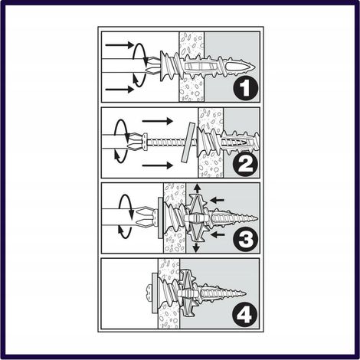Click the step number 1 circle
pyautogui.click(x=246, y=87)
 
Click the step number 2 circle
pyautogui.click(x=246, y=164)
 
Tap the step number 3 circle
pyautogui.click(x=246, y=239)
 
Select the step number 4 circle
pyautogui.click(x=244, y=315)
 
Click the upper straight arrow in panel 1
pyautogui.click(x=119, y=45)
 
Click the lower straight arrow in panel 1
pyautogui.click(x=119, y=90)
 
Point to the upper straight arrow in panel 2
pyautogui.click(x=158, y=121)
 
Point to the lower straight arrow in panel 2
pyautogui.click(x=158, y=165)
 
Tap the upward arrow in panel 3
pyautogui.click(x=197, y=188)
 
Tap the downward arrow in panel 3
pyautogui.click(x=196, y=247)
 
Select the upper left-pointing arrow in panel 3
pyautogui.click(x=217, y=200)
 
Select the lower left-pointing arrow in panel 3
pyautogui.click(x=217, y=234)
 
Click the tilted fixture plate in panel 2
pyautogui.click(x=188, y=142)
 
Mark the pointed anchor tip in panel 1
pyautogui.click(x=254, y=67)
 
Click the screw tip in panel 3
pyautogui.click(x=257, y=218)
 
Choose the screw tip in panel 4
pyautogui.click(x=244, y=293)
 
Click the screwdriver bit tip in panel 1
pyautogui.click(x=148, y=66)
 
